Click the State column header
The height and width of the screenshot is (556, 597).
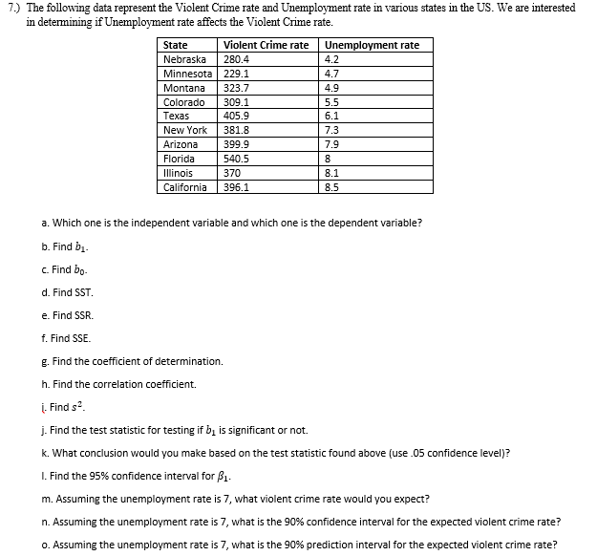pos(176,45)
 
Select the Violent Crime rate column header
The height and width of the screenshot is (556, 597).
pos(266,45)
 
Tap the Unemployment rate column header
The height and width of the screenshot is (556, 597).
pos(373,45)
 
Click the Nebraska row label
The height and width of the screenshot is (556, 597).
pos(185,59)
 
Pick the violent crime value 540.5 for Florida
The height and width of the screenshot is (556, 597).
pos(236,159)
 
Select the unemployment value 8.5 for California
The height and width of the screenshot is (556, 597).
pos(332,187)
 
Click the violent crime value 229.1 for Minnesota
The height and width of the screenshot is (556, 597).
pos(236,74)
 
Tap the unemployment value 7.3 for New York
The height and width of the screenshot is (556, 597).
pos(332,130)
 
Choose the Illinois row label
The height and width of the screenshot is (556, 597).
pos(179,173)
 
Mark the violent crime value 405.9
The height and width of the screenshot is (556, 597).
pos(236,116)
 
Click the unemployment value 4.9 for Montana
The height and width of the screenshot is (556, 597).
pos(332,88)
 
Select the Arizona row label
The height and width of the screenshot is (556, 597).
pos(181,144)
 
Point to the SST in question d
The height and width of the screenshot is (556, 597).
pos(83,292)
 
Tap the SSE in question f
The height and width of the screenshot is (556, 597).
pos(81,338)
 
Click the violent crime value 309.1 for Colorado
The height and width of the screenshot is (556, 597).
pos(236,101)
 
